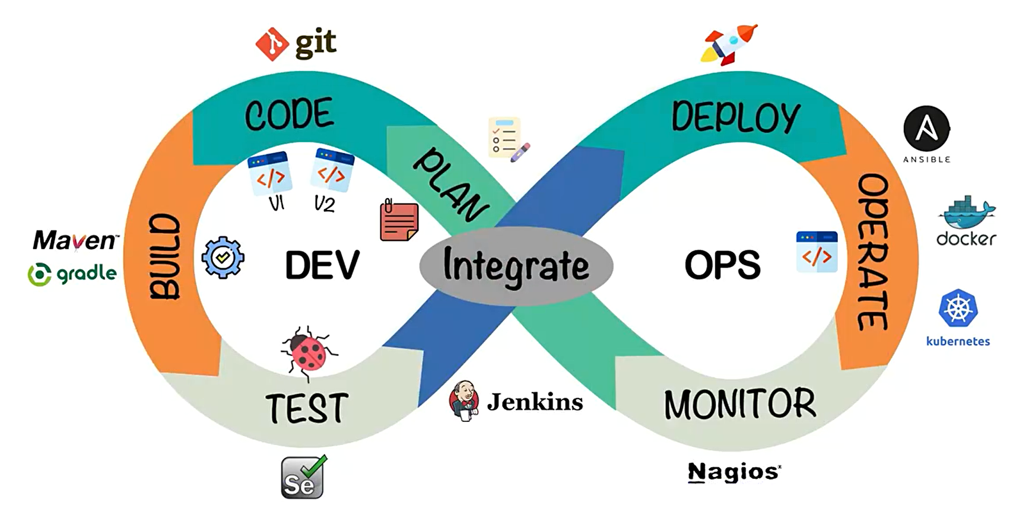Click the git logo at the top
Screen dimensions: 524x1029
[x=296, y=43]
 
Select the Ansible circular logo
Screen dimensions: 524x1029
[x=926, y=129]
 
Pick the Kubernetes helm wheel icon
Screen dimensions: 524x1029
[x=958, y=308]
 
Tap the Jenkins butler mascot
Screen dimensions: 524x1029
[x=464, y=401]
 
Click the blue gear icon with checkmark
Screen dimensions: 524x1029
[x=223, y=257]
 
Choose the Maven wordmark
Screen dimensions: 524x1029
[x=75, y=240]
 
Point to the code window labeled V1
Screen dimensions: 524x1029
[x=269, y=173]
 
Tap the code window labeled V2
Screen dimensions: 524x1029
[x=332, y=170]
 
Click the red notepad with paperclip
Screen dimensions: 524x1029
[x=399, y=221]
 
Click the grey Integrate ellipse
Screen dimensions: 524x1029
[x=516, y=265]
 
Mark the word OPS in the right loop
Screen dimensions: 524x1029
[x=722, y=265]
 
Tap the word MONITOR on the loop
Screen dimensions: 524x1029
[x=739, y=404]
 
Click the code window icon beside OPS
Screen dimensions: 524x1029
[x=817, y=252]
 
